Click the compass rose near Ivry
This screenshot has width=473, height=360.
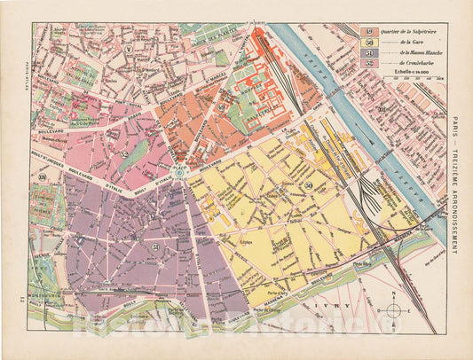click(393, 309)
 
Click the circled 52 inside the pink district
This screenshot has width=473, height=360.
click(125, 154)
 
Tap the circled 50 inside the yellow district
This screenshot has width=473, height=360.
click(309, 184)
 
